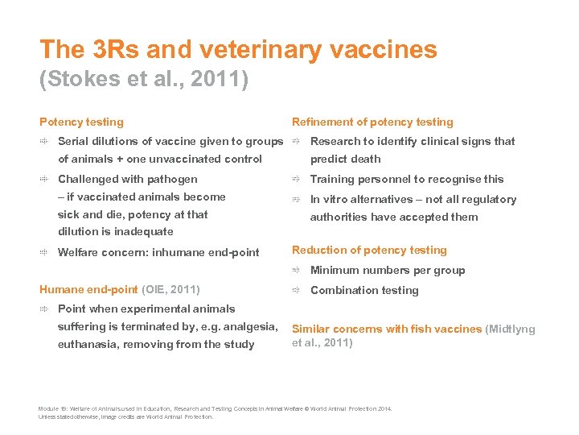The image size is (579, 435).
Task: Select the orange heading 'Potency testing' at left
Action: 81,122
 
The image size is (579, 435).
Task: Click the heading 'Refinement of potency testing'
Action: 372,122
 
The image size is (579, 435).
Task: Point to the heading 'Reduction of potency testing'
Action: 369,251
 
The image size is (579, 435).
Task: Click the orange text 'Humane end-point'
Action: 88,289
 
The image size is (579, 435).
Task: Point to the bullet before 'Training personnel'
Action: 296,180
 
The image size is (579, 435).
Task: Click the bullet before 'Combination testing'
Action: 296,291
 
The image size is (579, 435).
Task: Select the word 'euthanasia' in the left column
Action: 88,345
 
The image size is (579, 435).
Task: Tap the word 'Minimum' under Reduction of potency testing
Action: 336,271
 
